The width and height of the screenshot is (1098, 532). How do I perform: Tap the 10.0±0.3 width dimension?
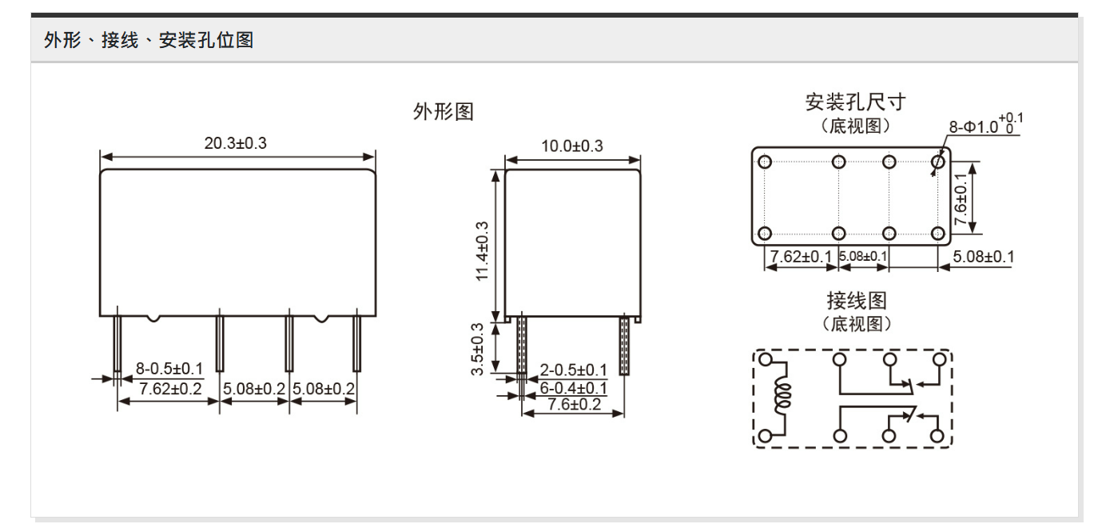(x=572, y=146)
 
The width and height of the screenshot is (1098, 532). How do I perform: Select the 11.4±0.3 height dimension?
(x=482, y=243)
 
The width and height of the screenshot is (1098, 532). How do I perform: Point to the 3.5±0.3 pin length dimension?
(x=478, y=348)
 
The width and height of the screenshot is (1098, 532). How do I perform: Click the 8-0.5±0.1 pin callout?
(x=169, y=368)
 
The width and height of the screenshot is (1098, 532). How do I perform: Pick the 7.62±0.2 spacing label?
(x=170, y=389)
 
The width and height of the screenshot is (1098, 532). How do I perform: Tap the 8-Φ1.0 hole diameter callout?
(x=985, y=126)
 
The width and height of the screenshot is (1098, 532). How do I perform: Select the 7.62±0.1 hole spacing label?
(x=800, y=256)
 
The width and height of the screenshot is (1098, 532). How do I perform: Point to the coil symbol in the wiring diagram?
(x=782, y=398)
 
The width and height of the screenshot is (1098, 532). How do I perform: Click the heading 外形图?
(x=443, y=112)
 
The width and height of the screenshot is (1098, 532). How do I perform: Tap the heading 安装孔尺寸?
(x=855, y=102)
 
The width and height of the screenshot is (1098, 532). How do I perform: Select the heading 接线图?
(x=856, y=302)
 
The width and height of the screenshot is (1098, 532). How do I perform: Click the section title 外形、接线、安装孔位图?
(x=149, y=40)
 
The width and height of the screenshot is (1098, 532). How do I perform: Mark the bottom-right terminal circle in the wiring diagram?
(x=938, y=436)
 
